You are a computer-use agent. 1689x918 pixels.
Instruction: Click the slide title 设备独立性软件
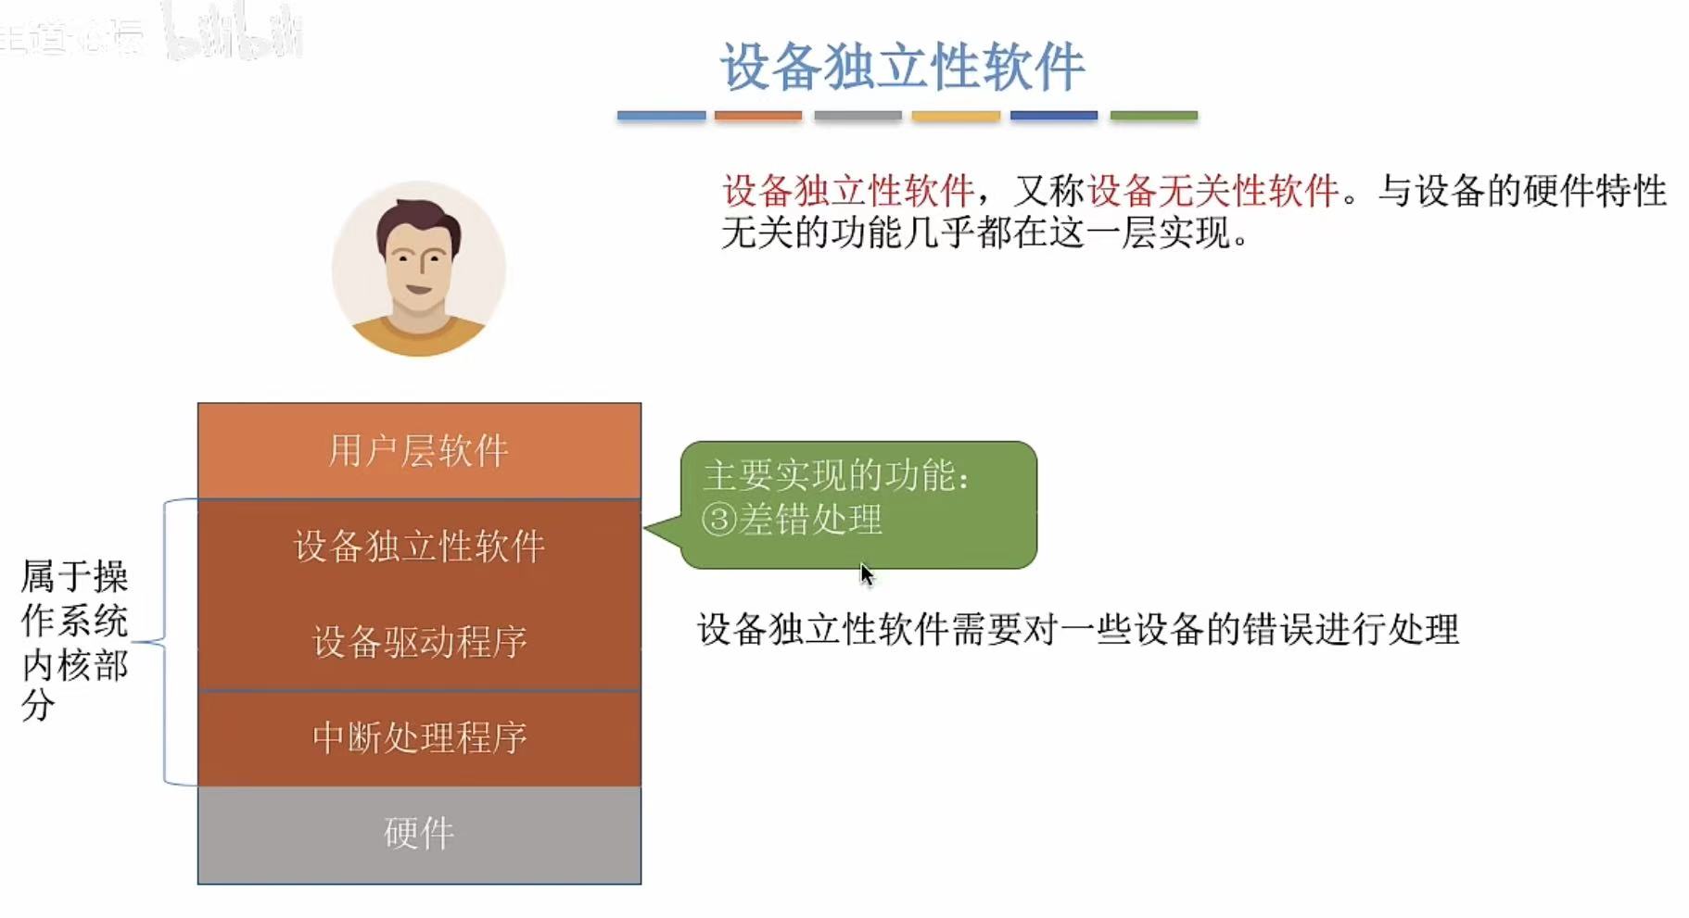pos(902,67)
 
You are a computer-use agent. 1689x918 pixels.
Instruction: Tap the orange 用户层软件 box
pos(419,451)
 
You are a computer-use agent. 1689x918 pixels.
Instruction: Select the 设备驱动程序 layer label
pos(419,641)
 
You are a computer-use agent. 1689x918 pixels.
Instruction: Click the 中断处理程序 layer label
pos(419,737)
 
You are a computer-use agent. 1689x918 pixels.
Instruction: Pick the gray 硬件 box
pos(419,834)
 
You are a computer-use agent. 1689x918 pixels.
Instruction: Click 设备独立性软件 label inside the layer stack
pos(419,547)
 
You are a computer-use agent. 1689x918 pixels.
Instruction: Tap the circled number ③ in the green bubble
pos(718,520)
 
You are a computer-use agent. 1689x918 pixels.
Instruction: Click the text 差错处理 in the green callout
pos(810,520)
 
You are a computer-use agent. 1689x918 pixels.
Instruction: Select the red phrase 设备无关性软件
pos(1213,191)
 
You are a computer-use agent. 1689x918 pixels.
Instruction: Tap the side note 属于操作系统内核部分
pos(74,639)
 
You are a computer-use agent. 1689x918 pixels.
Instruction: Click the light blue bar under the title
pos(661,116)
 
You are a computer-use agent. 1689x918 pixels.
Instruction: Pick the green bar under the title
pos(1153,116)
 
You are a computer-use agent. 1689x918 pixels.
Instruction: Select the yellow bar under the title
pos(956,116)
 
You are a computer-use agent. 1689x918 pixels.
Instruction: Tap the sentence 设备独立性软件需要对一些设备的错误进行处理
pos(1077,630)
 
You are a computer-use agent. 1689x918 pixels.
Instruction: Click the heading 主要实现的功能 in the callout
pos(835,476)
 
